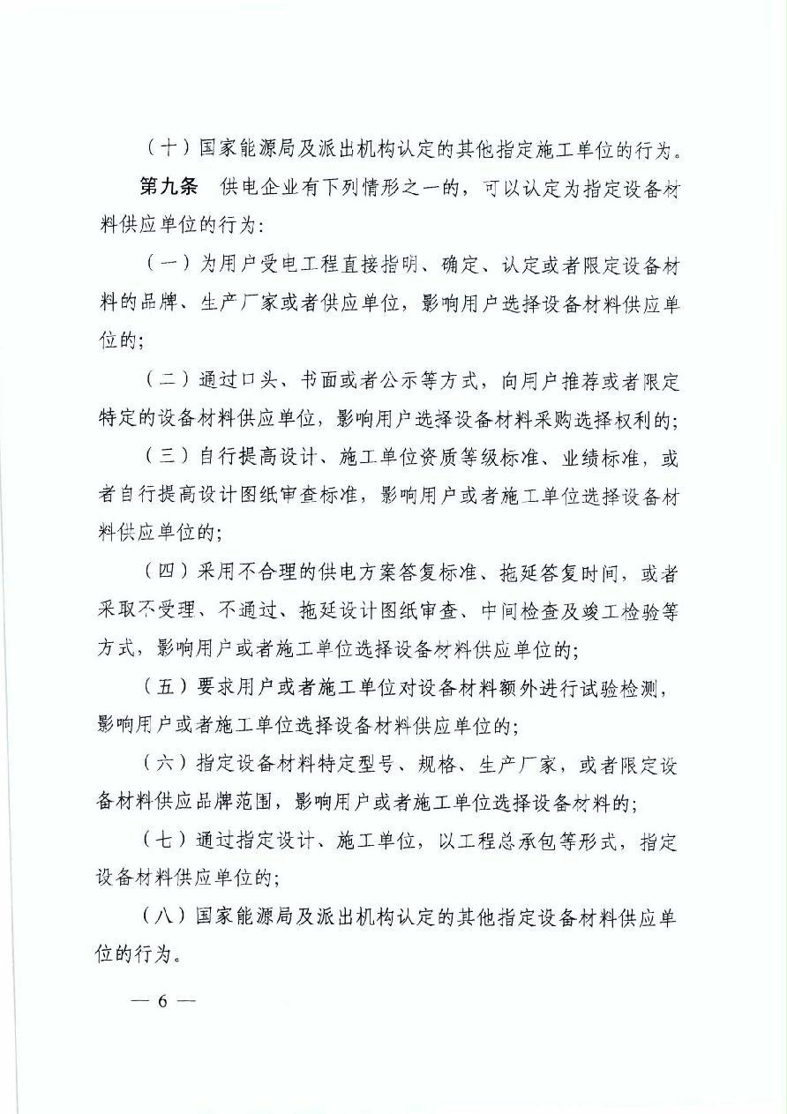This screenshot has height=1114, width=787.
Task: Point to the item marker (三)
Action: tap(163, 457)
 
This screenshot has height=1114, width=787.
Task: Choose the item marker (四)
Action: tap(163, 573)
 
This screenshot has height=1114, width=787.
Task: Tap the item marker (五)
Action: tap(163, 689)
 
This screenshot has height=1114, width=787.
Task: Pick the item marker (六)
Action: tap(163, 766)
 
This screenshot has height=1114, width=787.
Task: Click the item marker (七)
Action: tap(163, 842)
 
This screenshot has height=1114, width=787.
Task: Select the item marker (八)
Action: tap(163, 918)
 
